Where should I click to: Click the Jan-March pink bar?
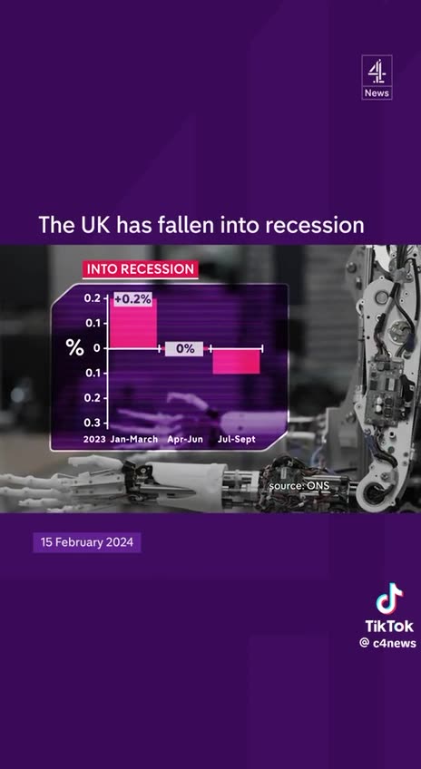point(133,323)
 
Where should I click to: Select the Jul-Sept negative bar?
point(236,361)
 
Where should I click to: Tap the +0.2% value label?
point(132,299)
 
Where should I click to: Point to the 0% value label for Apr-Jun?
point(185,348)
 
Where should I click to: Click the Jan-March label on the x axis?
point(133,439)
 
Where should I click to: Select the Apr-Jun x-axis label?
point(185,439)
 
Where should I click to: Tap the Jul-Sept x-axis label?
point(237,439)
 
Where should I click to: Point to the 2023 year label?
point(94,439)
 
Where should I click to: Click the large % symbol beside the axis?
point(74,348)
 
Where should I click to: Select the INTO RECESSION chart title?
point(140,269)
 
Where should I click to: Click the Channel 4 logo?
point(377,72)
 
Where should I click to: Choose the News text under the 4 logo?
point(377,93)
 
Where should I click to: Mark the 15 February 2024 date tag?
point(87,542)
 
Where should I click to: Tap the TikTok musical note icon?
point(389,599)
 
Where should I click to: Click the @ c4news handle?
point(387,643)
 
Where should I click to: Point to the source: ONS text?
point(298,487)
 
